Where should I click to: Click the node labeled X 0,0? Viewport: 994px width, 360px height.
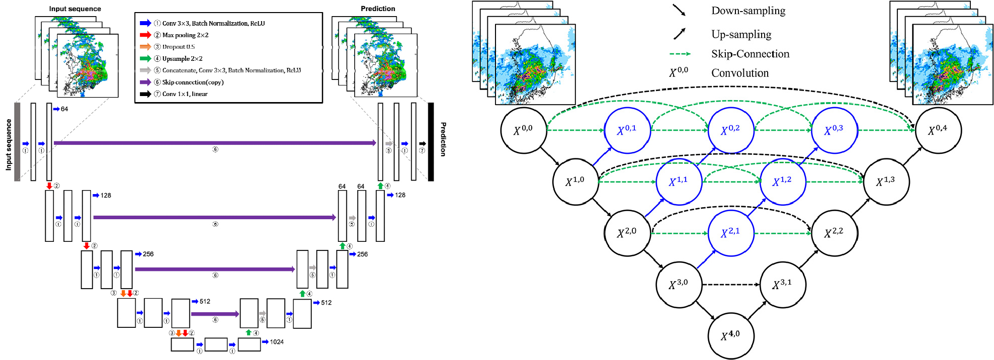[523, 130]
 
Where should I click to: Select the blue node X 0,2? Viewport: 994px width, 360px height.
[730, 130]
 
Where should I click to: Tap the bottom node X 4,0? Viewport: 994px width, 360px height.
[730, 335]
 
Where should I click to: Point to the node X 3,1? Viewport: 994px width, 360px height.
[782, 284]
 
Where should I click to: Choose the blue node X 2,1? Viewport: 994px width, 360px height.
[730, 233]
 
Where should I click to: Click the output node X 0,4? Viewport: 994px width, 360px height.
[938, 130]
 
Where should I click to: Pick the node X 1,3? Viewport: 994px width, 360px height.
[886, 182]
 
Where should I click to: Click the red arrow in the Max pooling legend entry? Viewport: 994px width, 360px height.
[145, 35]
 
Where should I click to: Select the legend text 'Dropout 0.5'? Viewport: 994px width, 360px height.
[178, 47]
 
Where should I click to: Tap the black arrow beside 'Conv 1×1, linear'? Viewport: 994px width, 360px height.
[145, 94]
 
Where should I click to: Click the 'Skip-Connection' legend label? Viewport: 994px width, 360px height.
[750, 54]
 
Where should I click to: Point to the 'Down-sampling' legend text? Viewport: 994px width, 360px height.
[748, 11]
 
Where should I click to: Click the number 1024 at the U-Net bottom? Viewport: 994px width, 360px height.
[277, 342]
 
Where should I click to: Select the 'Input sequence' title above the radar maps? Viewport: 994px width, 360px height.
[75, 9]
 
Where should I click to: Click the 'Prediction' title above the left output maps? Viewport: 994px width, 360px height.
[378, 9]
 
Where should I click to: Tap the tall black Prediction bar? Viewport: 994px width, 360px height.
[431, 142]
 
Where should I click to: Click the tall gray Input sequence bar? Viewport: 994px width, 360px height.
[17, 142]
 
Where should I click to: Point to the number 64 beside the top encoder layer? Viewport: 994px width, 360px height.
[64, 109]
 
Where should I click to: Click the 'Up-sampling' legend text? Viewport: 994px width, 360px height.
[741, 34]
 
